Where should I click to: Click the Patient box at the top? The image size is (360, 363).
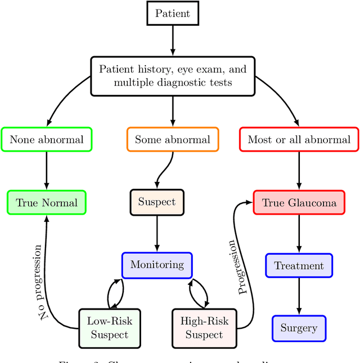(172, 13)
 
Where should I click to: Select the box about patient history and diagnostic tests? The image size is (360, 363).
(172, 76)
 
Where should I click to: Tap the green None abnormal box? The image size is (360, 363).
(47, 139)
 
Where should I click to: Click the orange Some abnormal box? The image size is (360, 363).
(172, 139)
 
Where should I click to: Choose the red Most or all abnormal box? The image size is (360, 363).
(299, 139)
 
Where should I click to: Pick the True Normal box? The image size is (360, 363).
(47, 202)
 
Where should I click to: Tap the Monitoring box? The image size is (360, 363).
(157, 265)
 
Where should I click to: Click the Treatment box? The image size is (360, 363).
(299, 266)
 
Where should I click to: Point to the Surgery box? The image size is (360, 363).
(299, 328)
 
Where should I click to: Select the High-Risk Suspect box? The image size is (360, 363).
(204, 328)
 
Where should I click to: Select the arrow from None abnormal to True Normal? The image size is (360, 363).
(47, 171)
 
